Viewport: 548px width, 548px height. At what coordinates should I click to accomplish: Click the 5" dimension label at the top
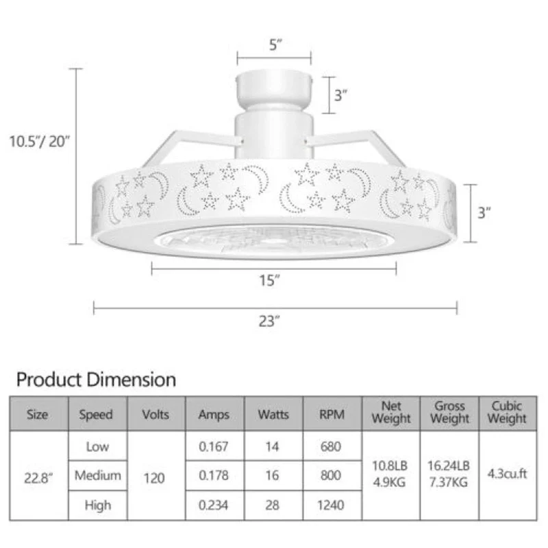pos(275,46)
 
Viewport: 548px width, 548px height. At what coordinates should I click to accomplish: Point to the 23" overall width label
pos(268,321)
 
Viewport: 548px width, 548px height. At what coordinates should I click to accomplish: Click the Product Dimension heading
pos(96,379)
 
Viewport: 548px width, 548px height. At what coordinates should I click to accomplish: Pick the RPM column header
pos(332,414)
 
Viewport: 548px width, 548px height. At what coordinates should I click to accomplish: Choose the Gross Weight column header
pos(449,413)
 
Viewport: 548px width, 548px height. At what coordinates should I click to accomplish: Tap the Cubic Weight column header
pos(508,413)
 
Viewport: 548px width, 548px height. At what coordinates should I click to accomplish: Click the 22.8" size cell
pos(38,475)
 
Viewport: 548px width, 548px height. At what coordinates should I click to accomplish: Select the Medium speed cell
pos(97,475)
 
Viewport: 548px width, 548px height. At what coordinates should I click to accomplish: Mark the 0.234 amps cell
pos(213,506)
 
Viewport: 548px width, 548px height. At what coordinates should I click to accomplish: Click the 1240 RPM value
pos(332,506)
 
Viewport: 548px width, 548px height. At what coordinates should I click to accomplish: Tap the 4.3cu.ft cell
pos(508,473)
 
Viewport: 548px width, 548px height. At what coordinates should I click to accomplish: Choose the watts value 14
pos(272,447)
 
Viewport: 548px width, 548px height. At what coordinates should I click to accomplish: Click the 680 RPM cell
pos(332,447)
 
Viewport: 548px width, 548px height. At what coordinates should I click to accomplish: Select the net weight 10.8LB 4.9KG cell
pos(391,473)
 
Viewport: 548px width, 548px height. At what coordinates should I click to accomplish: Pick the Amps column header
pos(214,414)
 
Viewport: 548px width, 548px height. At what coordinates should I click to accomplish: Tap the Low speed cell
pos(97,447)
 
